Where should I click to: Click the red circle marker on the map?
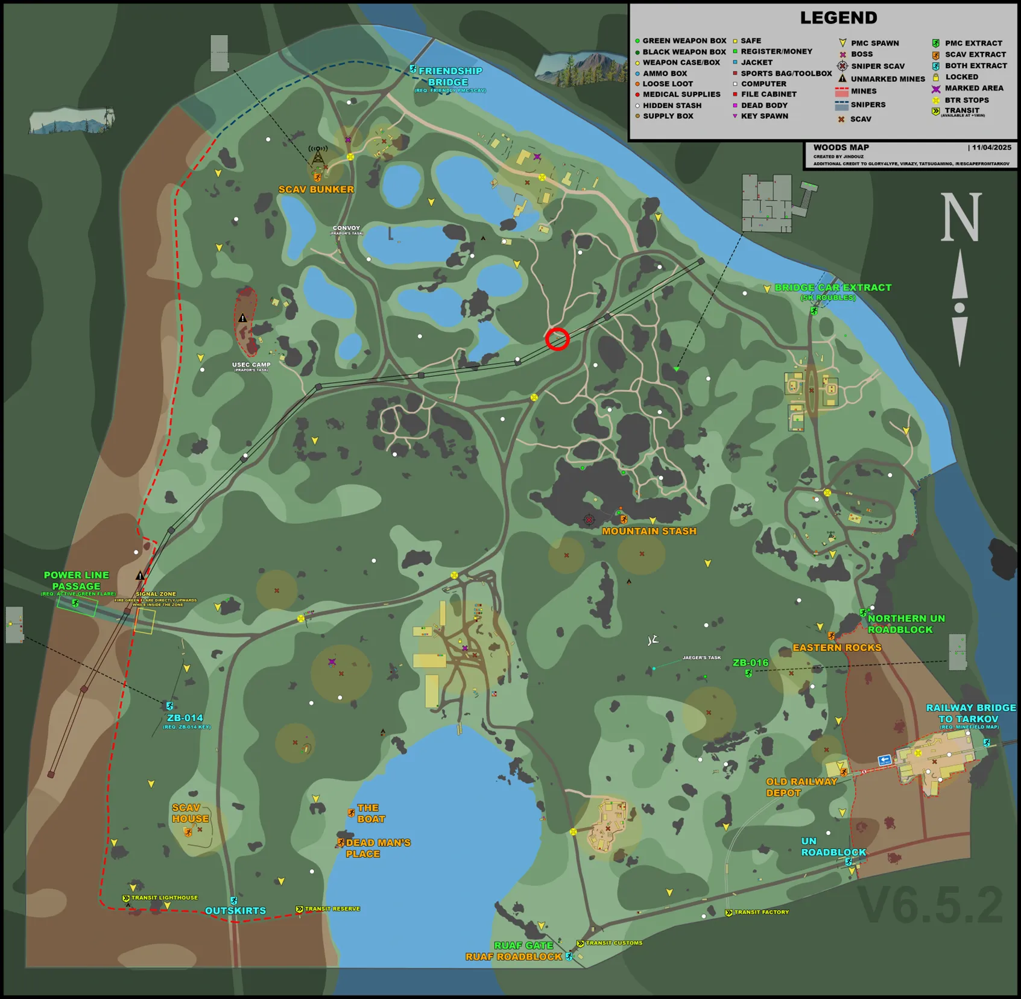pos(557,339)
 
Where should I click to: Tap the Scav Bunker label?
pos(316,189)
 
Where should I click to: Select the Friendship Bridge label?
pos(450,77)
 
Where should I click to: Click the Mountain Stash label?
pos(649,531)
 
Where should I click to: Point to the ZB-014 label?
pos(185,718)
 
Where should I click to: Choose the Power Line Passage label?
pos(77,581)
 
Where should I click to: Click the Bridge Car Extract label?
pos(832,288)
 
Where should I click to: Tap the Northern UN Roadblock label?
pos(906,624)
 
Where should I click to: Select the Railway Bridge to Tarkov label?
pos(970,713)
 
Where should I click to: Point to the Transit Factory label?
pos(761,912)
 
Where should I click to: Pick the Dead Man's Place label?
pos(378,848)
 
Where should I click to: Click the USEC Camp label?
pos(251,365)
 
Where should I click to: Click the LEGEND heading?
pos(838,18)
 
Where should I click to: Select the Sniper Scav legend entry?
pos(877,66)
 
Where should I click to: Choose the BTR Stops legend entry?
pos(966,100)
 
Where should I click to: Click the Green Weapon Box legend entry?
pos(684,41)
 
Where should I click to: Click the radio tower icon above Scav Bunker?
pos(318,155)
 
